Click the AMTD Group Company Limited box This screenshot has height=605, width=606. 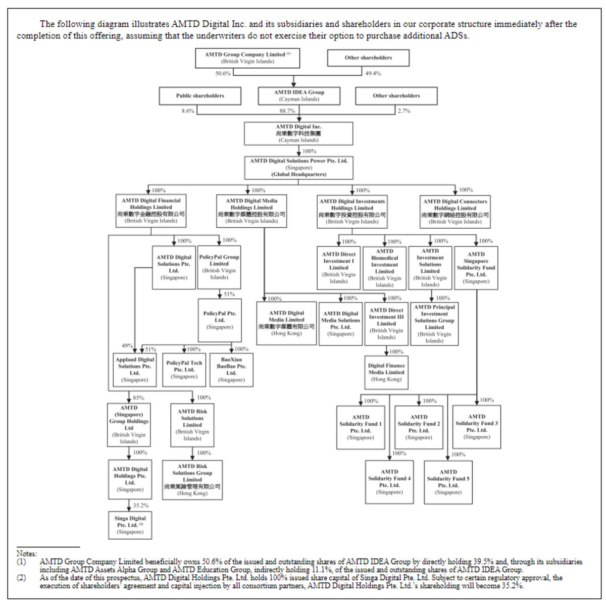pos(247,58)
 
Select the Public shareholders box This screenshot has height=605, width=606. pos(200,95)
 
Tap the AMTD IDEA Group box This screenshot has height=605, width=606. pos(299,95)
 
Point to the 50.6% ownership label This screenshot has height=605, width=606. pos(223,73)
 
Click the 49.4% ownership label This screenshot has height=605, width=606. pos(373,73)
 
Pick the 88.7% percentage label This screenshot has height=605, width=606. pos(287,111)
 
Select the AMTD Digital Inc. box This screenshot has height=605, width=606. pos(298,133)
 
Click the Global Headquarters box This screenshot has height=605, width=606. pos(298,168)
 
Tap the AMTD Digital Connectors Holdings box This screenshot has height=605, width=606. pos(455,211)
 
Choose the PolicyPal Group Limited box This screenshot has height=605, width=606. pos(219,267)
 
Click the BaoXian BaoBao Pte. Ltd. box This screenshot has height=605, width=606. pos(231,370)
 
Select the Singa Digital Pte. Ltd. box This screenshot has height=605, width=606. pos(130,525)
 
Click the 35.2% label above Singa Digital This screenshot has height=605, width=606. pos(141,505)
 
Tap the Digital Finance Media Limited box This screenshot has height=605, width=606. pos(386,372)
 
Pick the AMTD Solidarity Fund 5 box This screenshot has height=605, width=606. pos(448,482)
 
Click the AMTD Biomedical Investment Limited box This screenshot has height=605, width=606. pos(384,268)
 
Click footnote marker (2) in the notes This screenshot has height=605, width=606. pos(21,577)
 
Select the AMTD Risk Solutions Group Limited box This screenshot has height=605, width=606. pos(192,479)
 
